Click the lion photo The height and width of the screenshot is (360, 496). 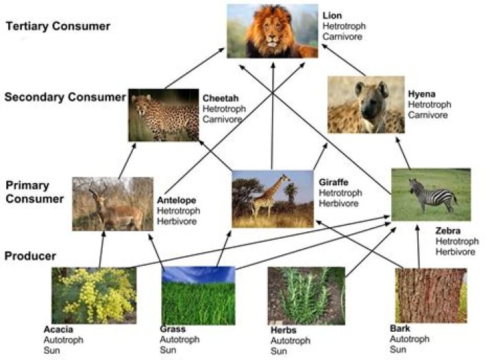272,32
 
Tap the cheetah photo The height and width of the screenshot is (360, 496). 163,115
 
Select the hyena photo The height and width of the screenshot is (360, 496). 365,104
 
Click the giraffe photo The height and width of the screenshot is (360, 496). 272,199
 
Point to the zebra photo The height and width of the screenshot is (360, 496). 431,195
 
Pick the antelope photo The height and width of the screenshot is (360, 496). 113,203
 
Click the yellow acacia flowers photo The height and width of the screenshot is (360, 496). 94,295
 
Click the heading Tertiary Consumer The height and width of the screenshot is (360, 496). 57,27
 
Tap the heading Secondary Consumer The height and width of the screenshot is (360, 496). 64,97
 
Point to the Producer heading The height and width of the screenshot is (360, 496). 30,256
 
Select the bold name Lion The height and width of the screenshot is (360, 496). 331,15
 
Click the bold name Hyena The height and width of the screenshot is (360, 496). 421,94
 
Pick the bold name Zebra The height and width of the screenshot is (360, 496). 448,231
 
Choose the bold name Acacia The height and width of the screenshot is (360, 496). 58,329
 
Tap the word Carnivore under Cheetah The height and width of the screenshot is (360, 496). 222,120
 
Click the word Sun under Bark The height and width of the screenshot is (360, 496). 397,350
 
